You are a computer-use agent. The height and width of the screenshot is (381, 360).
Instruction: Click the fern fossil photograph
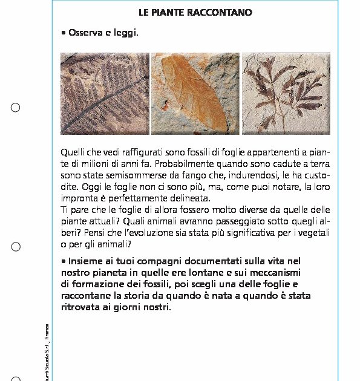(x=104, y=93)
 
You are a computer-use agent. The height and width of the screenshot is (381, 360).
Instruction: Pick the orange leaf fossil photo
(x=195, y=93)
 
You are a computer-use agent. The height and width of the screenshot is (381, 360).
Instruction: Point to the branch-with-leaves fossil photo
(x=286, y=93)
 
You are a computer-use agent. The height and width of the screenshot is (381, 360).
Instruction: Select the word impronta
(x=79, y=198)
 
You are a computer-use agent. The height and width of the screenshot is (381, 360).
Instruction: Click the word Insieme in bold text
(x=86, y=261)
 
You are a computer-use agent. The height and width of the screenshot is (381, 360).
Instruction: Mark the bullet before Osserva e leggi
(x=64, y=32)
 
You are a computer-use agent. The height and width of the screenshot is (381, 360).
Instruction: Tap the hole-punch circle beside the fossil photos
(x=15, y=108)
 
